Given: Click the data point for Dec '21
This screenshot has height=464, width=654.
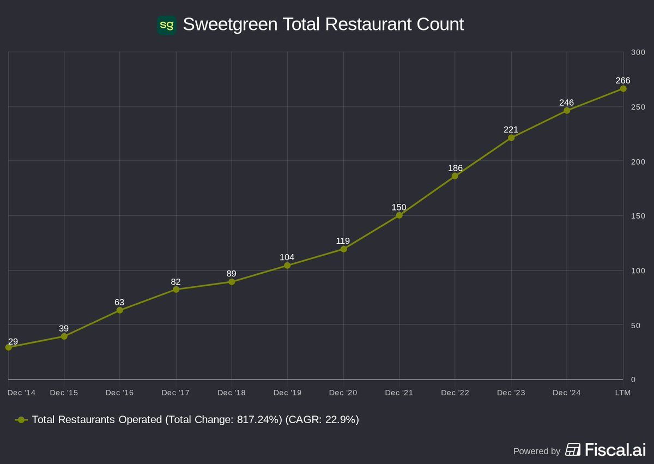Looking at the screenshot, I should pos(399,215).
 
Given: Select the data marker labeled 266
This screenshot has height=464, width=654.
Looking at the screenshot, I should pos(623,89).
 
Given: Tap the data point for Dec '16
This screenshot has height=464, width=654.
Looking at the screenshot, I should pos(120,310).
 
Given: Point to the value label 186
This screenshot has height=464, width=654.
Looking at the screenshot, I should pos(455,168).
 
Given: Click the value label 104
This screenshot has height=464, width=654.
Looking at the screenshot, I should pos(287,257).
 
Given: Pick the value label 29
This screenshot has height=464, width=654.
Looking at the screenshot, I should pos(13,342).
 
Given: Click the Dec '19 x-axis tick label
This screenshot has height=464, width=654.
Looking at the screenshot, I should pos(287,393).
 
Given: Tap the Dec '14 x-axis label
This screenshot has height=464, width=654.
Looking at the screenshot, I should pos(22,393).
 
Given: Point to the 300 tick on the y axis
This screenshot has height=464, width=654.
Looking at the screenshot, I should pos(638,52).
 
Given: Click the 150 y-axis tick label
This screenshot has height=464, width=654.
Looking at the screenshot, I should pos(638,216).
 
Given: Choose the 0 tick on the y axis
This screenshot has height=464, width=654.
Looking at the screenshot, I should pos(633,379).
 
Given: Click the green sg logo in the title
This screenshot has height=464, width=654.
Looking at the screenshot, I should pos(166,25).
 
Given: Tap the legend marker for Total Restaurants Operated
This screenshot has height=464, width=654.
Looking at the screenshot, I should pos(21,420).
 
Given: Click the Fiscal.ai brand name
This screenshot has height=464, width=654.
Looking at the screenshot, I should pos(615,450).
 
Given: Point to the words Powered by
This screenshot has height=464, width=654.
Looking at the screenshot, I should pos(536,451).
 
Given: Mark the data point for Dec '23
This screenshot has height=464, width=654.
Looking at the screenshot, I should pos(511,138).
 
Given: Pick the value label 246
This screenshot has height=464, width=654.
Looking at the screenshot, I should pos(566,103).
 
